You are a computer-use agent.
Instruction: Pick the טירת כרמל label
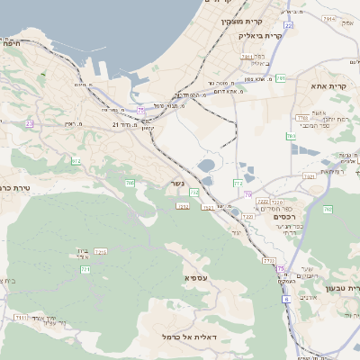tap(13, 187)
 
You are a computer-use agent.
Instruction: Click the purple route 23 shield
tap(29, 123)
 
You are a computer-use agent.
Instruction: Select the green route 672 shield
tap(76, 162)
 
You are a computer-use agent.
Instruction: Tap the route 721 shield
tap(85, 269)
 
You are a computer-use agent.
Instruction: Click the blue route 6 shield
tap(286, 301)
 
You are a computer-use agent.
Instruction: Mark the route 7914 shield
tap(328, 18)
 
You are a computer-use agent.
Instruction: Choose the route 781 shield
tap(281, 79)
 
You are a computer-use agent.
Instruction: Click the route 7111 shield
tap(21, 318)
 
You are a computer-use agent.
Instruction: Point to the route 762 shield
tap(327, 210)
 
